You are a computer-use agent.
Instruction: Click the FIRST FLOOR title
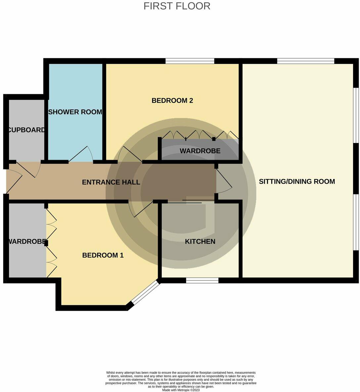[x=177, y=6]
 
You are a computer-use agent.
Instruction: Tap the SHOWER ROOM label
[x=75, y=112]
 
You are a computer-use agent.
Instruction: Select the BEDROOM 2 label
[x=172, y=101]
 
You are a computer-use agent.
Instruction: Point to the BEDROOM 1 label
[x=103, y=255]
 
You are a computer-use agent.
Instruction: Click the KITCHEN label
[x=200, y=241]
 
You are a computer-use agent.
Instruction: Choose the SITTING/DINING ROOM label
[x=297, y=182]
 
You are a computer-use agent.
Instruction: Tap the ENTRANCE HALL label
[x=111, y=182]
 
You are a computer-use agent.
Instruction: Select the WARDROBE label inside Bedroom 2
[x=200, y=151]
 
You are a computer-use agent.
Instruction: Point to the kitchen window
[x=202, y=281]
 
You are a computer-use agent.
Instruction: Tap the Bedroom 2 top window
[x=190, y=61]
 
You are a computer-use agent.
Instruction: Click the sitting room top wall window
[x=305, y=61]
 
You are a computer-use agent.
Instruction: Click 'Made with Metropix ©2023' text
[x=181, y=390]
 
